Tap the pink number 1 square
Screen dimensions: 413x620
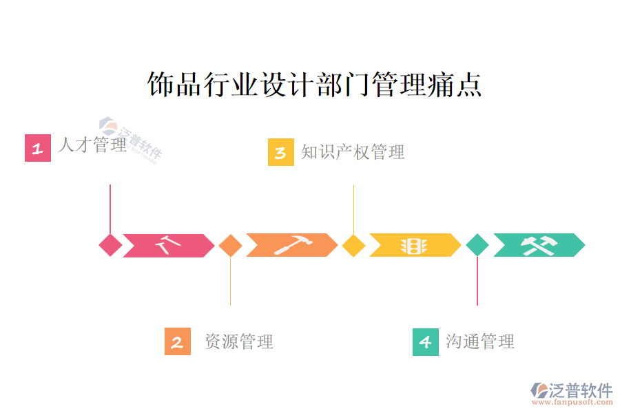click(38, 148)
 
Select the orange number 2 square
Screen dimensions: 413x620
click(178, 341)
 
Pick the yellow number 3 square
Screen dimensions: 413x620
click(281, 152)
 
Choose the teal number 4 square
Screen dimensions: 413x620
click(426, 341)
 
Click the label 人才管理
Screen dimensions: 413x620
click(92, 145)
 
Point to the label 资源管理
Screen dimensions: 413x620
click(239, 341)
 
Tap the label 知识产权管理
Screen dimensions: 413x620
click(353, 152)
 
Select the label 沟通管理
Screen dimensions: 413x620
click(480, 341)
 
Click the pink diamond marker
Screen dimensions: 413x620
click(110, 245)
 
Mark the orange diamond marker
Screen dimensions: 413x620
click(230, 245)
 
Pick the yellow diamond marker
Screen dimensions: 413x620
click(353, 245)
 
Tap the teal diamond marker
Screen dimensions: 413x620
click(477, 245)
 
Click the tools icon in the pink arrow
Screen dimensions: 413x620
click(166, 245)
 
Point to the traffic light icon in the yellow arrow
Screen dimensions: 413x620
click(414, 245)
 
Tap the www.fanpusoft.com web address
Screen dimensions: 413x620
click(575, 404)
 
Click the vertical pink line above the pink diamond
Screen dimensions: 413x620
click(110, 206)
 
